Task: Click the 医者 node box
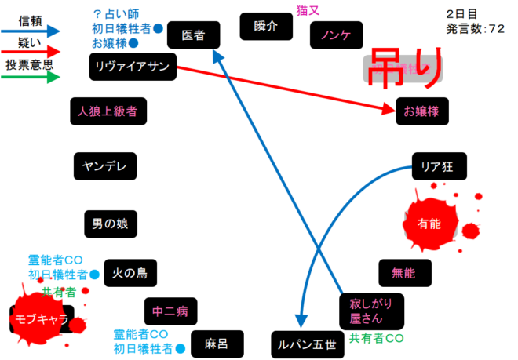coord(192,35)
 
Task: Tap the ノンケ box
coord(336,35)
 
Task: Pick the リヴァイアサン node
coord(133,66)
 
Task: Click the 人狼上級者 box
coord(108,111)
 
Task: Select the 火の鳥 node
coord(129,273)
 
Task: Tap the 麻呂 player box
coord(215,344)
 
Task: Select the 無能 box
coord(405,272)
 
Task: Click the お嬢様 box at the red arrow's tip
coord(422,111)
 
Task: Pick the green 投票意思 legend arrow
coord(31,78)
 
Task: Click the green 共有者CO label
coord(376,339)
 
